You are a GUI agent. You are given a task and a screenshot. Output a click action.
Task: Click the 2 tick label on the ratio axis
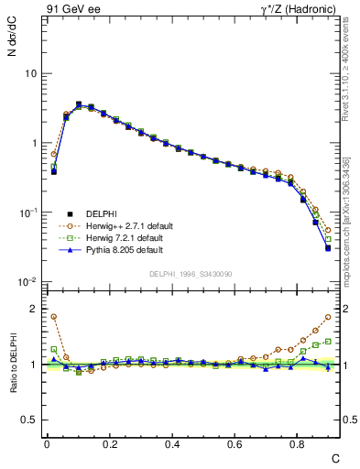pos(33,310)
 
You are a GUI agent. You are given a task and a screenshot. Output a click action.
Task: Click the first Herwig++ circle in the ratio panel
pos(54,317)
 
